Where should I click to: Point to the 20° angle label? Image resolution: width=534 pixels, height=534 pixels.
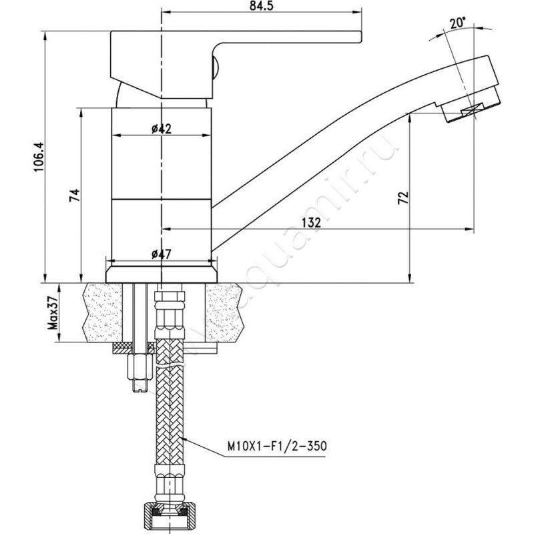[457, 23]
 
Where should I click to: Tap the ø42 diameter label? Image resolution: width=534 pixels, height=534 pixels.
[161, 129]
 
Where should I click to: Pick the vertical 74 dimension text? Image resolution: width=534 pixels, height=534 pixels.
[75, 195]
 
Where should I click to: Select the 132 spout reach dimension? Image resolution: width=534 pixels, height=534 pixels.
[311, 222]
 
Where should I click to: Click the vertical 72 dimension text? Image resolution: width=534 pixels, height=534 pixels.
[403, 197]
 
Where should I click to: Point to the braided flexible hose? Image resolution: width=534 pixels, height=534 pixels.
[170, 414]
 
